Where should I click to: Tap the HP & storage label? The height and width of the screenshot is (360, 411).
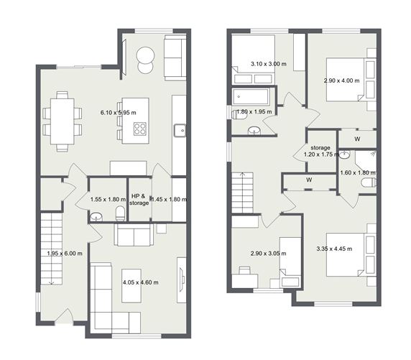(x=139, y=199)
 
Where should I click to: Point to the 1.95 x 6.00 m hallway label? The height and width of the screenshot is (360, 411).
(x=65, y=253)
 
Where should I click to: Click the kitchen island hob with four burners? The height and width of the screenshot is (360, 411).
(x=139, y=129)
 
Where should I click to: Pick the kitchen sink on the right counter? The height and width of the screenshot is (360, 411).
(x=179, y=130)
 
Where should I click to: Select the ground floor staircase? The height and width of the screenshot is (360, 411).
(x=51, y=248)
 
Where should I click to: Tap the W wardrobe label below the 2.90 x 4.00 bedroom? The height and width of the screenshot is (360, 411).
(x=357, y=139)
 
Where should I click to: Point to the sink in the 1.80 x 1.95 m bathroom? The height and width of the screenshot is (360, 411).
(x=254, y=130)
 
